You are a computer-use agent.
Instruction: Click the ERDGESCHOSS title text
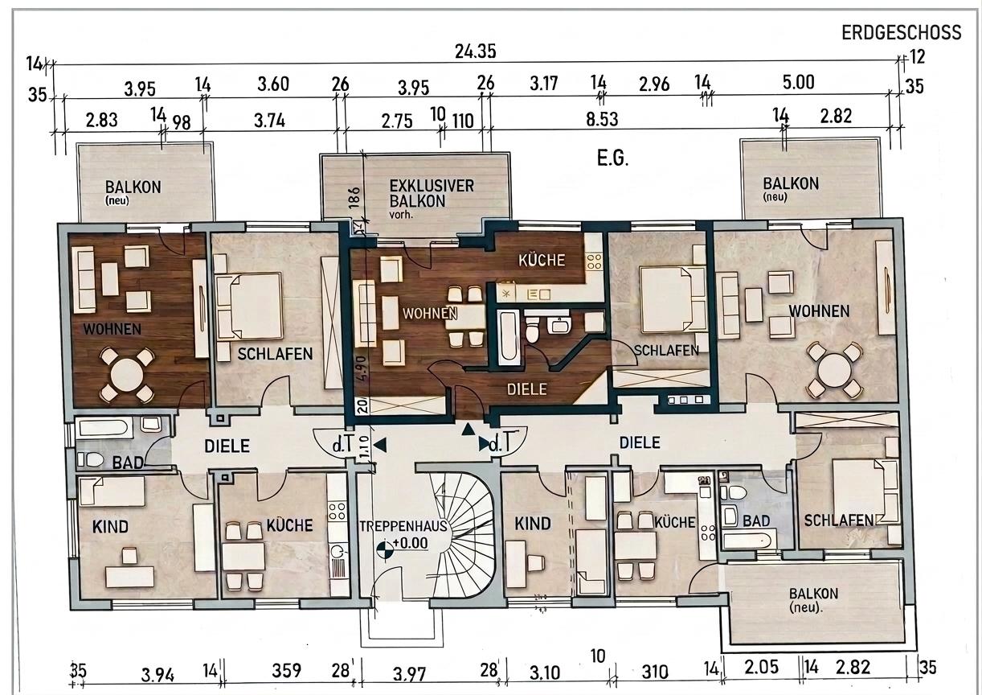coord(902,32)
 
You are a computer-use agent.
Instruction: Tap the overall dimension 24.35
coord(475,51)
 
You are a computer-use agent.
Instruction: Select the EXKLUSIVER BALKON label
coord(432,194)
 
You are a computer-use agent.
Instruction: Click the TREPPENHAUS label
coord(403,526)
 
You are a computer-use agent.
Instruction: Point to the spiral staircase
coord(464,534)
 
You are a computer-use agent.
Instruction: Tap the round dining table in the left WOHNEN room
coord(127,376)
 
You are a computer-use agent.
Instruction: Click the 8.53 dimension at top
coord(602,119)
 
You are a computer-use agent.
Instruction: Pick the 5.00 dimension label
coord(798,82)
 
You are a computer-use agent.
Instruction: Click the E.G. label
coord(612,158)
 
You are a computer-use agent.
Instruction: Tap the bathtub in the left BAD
coord(104,427)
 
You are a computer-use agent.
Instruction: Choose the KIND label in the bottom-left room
coord(110,527)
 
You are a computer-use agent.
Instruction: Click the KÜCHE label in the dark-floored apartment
coord(542,260)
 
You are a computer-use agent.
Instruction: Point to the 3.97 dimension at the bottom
coord(409,674)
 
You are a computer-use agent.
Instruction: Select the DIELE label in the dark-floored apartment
coord(526,389)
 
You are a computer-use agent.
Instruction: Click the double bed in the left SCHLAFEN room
coord(249,306)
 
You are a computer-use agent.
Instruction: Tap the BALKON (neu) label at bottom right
coord(813,600)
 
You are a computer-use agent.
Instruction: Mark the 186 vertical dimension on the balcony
coord(354,197)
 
